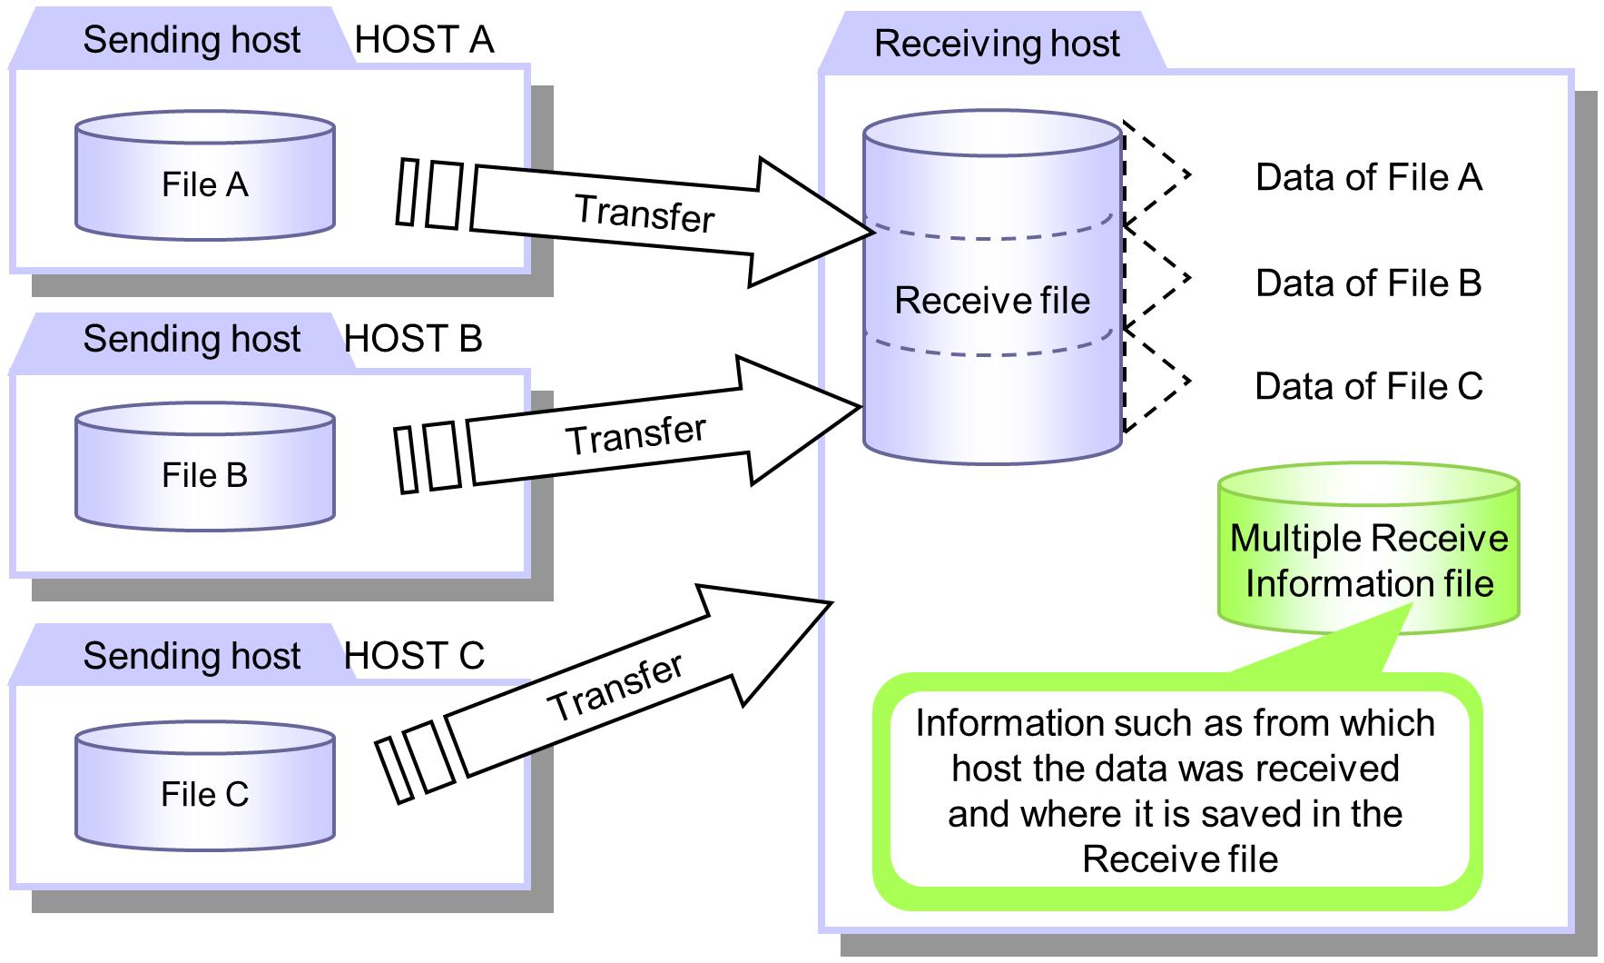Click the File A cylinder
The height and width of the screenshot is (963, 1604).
(x=204, y=177)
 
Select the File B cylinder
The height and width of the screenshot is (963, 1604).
(x=204, y=469)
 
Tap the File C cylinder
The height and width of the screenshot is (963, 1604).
(x=204, y=788)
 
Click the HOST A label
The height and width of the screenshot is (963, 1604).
(x=424, y=40)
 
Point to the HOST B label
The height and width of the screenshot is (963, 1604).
(x=413, y=339)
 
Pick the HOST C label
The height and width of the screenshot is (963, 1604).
(x=414, y=656)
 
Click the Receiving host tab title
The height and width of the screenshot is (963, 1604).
(x=997, y=44)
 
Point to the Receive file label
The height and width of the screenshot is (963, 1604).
(x=992, y=301)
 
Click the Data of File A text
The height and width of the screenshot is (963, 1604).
(x=1368, y=178)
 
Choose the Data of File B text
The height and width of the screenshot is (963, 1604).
(x=1368, y=283)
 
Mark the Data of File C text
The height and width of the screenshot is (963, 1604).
(x=1368, y=387)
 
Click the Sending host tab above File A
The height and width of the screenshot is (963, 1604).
(x=192, y=41)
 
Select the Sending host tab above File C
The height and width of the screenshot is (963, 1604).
(x=192, y=656)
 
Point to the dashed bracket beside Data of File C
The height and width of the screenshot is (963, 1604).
(x=1157, y=382)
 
